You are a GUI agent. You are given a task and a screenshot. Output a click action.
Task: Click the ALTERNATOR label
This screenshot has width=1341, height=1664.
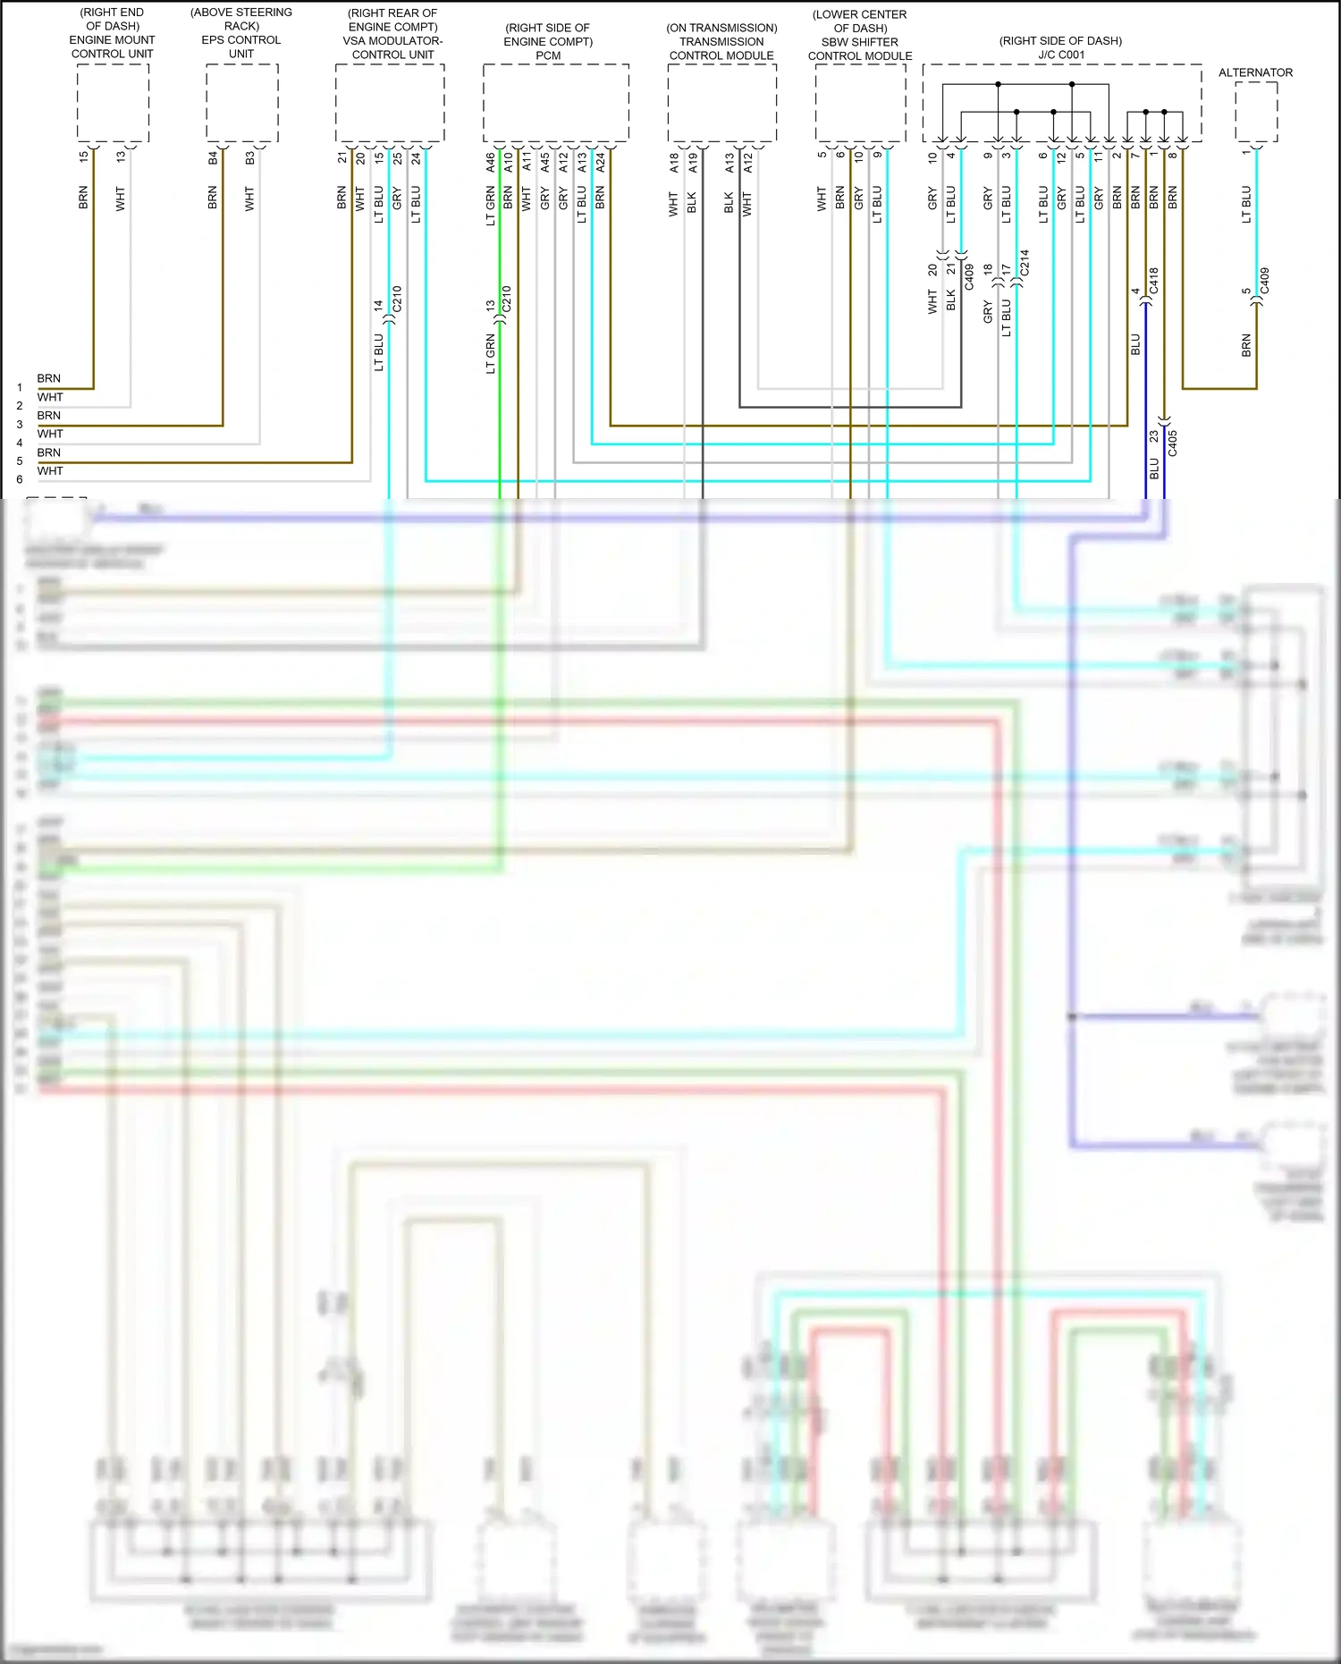pyautogui.click(x=1255, y=72)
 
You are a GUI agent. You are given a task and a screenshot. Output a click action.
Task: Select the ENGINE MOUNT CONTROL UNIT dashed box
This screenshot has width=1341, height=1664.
pyautogui.click(x=113, y=103)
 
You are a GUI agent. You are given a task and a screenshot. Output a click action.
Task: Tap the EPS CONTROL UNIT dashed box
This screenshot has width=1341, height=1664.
pyautogui.click(x=241, y=103)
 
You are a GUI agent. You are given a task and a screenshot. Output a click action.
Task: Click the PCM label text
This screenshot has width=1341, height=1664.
pyautogui.click(x=548, y=55)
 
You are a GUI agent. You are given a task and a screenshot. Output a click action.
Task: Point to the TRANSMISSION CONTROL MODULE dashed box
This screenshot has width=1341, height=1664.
pyautogui.click(x=721, y=103)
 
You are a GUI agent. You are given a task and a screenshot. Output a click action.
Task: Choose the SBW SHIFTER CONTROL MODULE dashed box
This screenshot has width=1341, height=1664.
pyautogui.click(x=860, y=103)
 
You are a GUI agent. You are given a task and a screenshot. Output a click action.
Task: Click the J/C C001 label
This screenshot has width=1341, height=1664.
pyautogui.click(x=1061, y=55)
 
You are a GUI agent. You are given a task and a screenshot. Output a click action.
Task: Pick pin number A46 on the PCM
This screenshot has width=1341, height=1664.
pyautogui.click(x=491, y=163)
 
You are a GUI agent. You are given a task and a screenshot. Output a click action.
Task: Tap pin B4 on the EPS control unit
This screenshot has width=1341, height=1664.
pyautogui.click(x=213, y=158)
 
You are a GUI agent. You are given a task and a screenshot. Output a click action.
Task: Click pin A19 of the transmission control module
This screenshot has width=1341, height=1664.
pyautogui.click(x=693, y=163)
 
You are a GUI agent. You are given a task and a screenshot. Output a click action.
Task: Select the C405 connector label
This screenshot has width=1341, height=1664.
pyautogui.click(x=1173, y=443)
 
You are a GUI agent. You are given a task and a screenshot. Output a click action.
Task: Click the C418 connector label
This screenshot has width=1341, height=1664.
pyautogui.click(x=1154, y=281)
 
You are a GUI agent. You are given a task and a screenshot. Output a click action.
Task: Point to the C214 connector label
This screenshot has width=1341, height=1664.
pyautogui.click(x=1025, y=263)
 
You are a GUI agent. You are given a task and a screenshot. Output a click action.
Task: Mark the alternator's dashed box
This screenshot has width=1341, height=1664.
pyautogui.click(x=1256, y=112)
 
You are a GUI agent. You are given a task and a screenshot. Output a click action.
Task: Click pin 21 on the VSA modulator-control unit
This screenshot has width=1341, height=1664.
pyautogui.click(x=342, y=157)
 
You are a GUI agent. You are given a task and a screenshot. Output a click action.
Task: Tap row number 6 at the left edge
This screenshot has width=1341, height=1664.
pyautogui.click(x=20, y=479)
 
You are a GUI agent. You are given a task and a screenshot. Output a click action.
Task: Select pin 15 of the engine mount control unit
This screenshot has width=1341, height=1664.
pyautogui.click(x=84, y=156)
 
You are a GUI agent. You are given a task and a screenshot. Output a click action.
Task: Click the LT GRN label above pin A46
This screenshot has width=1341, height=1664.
pyautogui.click(x=491, y=206)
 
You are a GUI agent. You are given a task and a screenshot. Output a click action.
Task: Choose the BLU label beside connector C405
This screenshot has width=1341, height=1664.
pyautogui.click(x=1154, y=468)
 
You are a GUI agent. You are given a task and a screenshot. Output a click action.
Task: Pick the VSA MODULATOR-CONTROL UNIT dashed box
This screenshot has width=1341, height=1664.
pyautogui.click(x=390, y=103)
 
